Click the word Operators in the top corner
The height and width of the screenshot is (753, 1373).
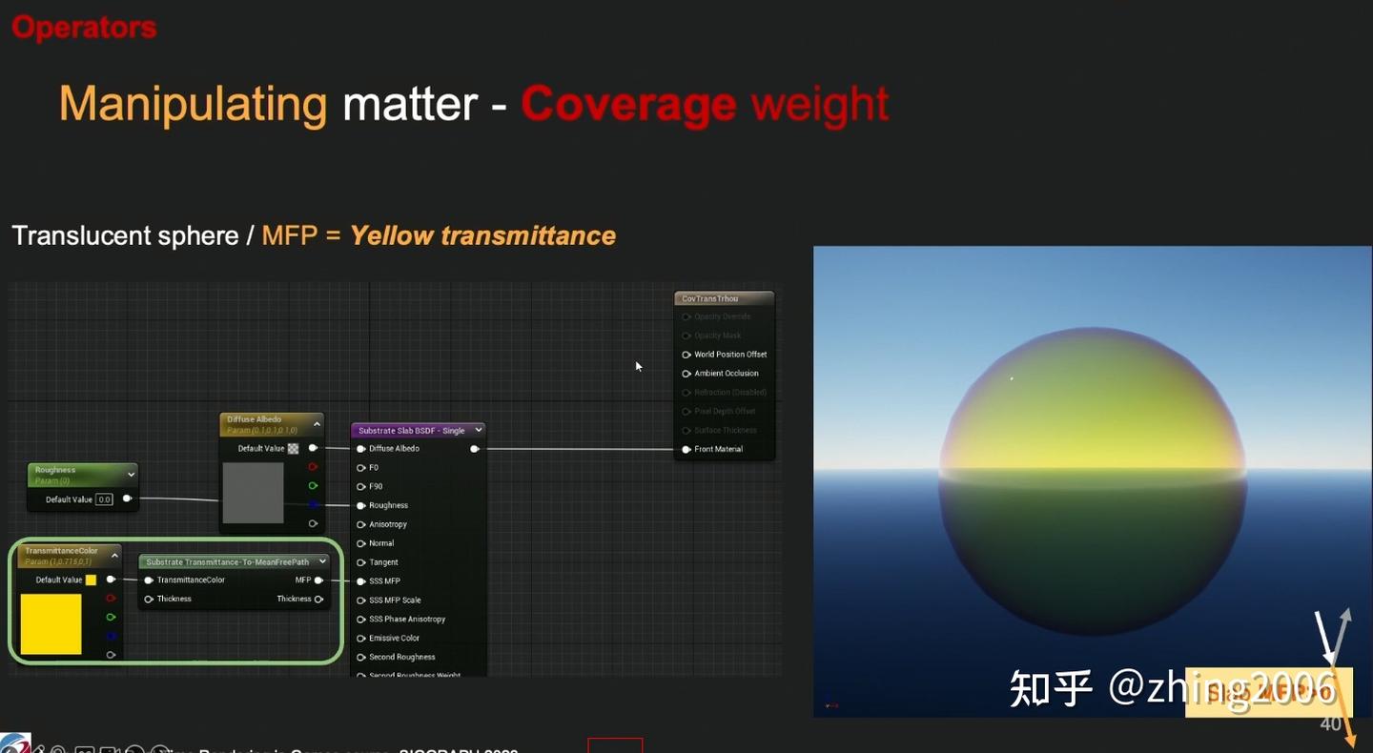pos(84,28)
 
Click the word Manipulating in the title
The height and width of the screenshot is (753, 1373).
pos(194,104)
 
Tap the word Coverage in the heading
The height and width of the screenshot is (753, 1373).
pos(628,104)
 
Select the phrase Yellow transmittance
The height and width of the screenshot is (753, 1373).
pos(482,235)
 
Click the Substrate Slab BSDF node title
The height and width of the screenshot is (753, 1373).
pos(411,431)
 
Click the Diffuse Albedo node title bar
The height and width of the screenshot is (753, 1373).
pos(255,419)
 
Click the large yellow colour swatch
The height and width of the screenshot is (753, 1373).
pos(51,624)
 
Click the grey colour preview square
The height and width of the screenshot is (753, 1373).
pos(253,493)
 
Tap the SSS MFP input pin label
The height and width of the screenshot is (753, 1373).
pos(384,581)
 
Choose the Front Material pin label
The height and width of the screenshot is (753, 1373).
pos(718,449)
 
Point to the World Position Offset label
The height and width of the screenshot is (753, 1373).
pos(730,355)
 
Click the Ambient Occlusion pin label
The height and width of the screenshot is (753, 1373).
pos(727,374)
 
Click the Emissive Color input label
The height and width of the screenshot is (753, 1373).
pos(394,639)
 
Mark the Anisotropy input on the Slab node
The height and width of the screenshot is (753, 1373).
pos(388,524)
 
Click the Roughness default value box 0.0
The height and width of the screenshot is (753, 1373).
pos(104,499)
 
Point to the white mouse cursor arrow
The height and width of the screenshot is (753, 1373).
pos(638,365)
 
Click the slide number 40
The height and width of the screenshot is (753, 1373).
pos(1330,724)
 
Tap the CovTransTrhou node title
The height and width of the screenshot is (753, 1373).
pos(709,298)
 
